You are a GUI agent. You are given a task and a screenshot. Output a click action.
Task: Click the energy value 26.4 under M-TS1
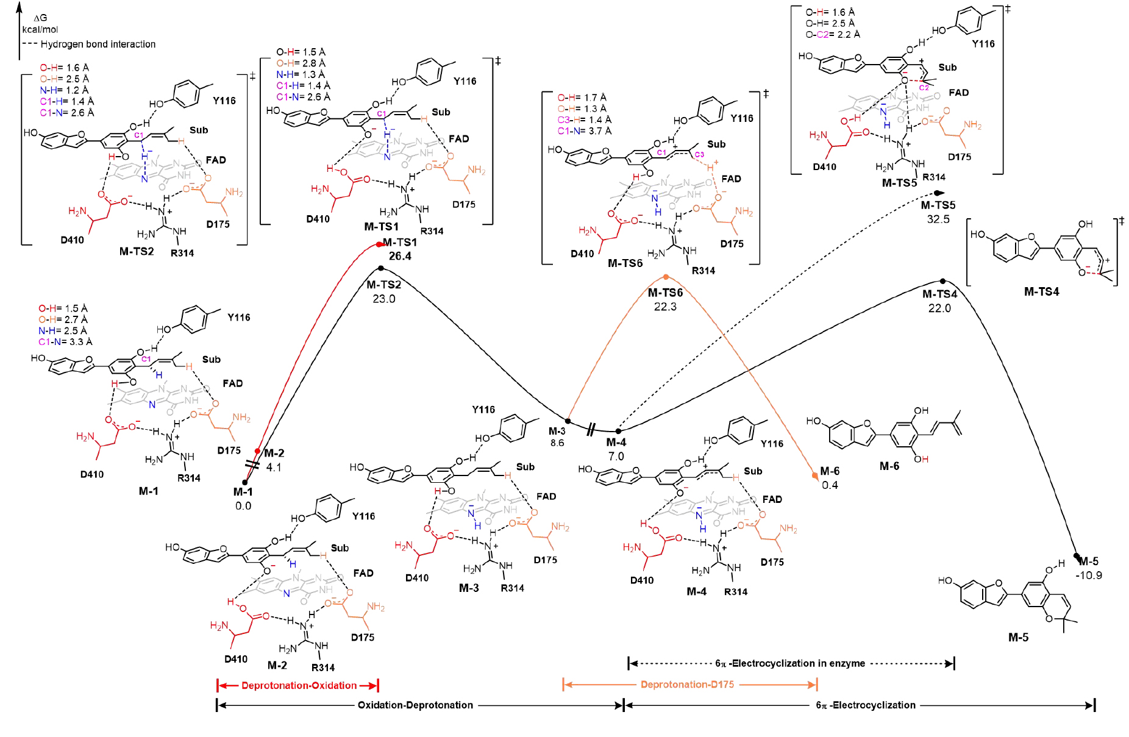click(400, 256)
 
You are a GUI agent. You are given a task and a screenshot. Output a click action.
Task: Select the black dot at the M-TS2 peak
click(381, 268)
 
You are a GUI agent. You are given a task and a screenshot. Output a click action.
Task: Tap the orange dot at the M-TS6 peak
click(666, 277)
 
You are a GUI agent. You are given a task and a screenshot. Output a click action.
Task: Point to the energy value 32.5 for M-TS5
click(938, 219)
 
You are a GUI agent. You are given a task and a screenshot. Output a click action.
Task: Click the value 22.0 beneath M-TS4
click(939, 308)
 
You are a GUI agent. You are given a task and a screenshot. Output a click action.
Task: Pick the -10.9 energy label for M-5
click(1089, 575)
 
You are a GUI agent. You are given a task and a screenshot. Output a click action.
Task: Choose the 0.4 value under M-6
click(830, 485)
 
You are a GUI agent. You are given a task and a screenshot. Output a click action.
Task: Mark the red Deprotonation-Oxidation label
click(299, 686)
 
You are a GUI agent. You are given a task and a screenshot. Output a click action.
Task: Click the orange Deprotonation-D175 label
click(687, 685)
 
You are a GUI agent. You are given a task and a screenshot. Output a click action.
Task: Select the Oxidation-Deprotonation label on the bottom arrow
click(415, 705)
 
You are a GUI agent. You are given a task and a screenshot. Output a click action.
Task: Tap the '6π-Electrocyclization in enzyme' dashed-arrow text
click(790, 663)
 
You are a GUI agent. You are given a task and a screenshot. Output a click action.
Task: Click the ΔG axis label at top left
click(40, 18)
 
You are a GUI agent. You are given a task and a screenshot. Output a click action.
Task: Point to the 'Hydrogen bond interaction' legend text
click(98, 45)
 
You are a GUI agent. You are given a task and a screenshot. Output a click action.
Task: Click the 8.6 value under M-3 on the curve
click(557, 443)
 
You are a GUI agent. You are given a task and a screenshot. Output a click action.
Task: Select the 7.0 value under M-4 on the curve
click(616, 456)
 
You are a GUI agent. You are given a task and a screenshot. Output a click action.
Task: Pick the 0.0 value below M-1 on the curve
click(243, 506)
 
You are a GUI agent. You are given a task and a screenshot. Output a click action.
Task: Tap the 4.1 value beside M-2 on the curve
click(274, 468)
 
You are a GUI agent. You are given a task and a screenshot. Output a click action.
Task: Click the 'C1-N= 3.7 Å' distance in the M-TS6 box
click(584, 131)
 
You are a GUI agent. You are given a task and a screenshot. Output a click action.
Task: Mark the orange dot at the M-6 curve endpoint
click(814, 475)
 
